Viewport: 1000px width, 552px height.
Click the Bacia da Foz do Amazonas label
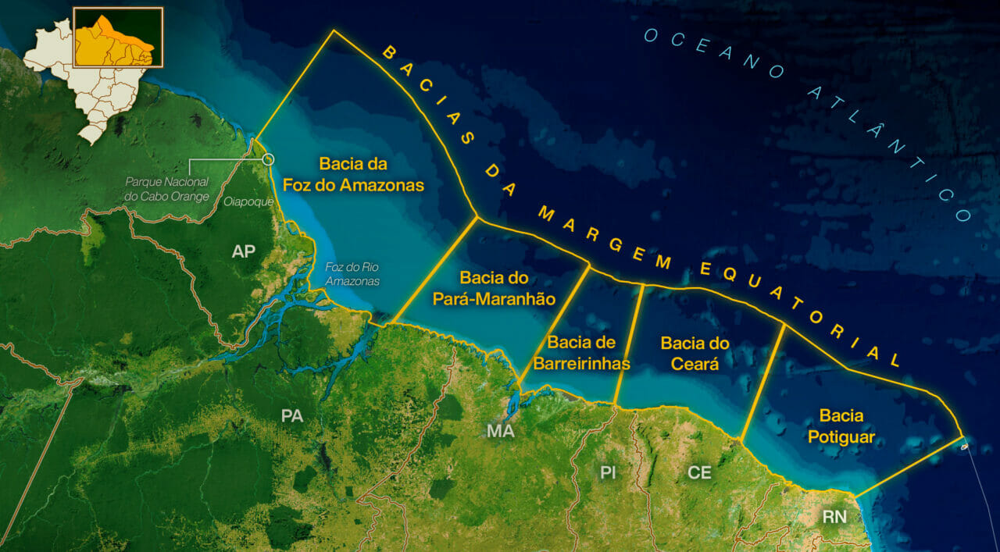pyautogui.click(x=371, y=174)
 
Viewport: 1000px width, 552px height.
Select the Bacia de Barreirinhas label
pyautogui.click(x=582, y=353)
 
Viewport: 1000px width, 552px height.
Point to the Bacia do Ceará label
pyautogui.click(x=695, y=353)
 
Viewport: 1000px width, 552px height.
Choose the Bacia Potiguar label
pyautogui.click(x=841, y=426)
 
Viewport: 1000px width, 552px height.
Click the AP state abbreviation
pyautogui.click(x=244, y=251)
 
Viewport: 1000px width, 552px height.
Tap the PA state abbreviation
pyautogui.click(x=292, y=416)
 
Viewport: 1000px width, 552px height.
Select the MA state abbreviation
pyautogui.click(x=500, y=431)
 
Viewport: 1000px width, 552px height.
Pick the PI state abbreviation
pyautogui.click(x=609, y=472)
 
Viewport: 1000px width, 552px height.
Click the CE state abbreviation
pyautogui.click(x=699, y=472)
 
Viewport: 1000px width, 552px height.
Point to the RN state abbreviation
pyautogui.click(x=834, y=516)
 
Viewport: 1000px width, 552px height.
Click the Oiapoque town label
pyautogui.click(x=248, y=201)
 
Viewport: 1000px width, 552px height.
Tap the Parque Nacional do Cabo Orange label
pyautogui.click(x=167, y=189)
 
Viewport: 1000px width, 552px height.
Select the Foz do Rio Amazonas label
pyautogui.click(x=352, y=273)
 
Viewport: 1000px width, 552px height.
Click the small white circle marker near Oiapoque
pyautogui.click(x=269, y=159)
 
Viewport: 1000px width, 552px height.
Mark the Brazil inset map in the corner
pyautogui.click(x=94, y=70)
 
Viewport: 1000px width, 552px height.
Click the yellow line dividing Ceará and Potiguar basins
pyautogui.click(x=762, y=383)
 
